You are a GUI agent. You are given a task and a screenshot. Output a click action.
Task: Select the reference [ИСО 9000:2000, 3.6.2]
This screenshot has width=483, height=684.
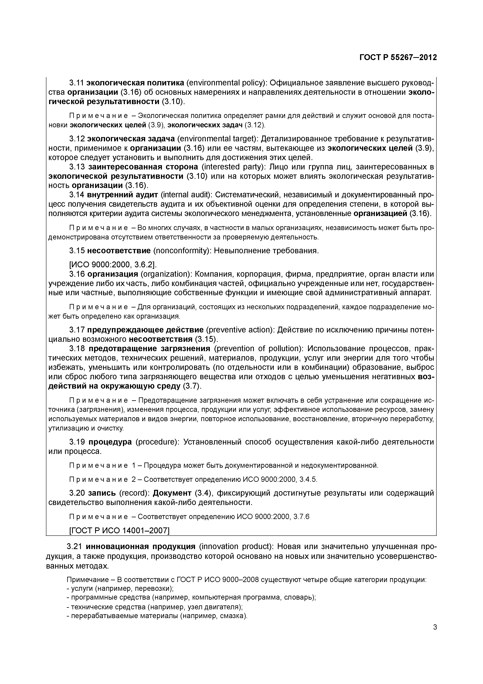point(113,265)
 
